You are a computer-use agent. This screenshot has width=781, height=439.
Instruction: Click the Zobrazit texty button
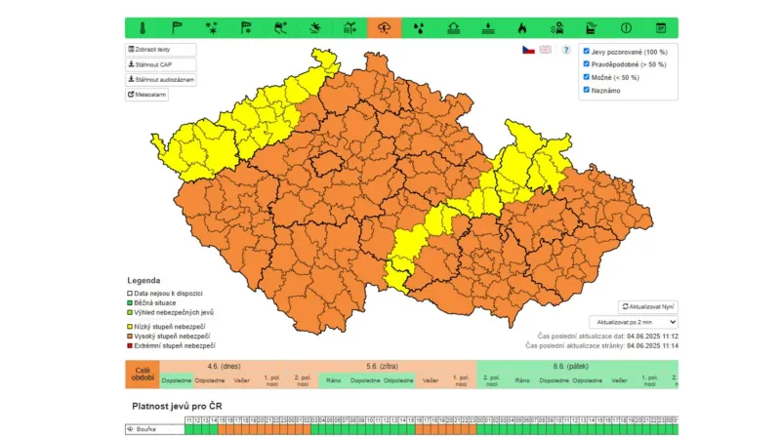coord(160,50)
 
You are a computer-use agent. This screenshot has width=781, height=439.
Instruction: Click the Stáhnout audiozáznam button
coord(160,79)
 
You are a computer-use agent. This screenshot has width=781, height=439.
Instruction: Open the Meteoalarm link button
coord(148,95)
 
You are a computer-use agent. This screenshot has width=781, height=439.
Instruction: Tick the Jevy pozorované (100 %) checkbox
coord(586,51)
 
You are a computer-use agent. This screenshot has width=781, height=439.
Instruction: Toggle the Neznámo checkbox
coord(586,90)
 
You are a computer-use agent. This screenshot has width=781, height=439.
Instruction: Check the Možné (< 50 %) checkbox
coord(586,76)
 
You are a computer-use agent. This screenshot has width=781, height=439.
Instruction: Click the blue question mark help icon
coord(566,50)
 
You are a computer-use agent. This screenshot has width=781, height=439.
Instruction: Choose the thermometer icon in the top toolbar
coord(142,27)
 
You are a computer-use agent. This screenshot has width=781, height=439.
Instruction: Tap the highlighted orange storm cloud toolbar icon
coord(384,27)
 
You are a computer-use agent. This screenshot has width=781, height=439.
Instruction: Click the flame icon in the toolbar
coord(522,27)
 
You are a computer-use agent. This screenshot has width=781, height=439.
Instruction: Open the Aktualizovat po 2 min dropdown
coord(633,322)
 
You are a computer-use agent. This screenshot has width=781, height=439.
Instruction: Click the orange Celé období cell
coord(142,376)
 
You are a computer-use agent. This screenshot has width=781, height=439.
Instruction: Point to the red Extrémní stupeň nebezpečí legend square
coord(130,345)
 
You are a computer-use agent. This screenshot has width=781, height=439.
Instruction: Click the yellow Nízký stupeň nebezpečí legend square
coord(130,326)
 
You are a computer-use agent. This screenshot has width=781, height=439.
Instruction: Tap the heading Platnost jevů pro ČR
coord(177,405)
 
